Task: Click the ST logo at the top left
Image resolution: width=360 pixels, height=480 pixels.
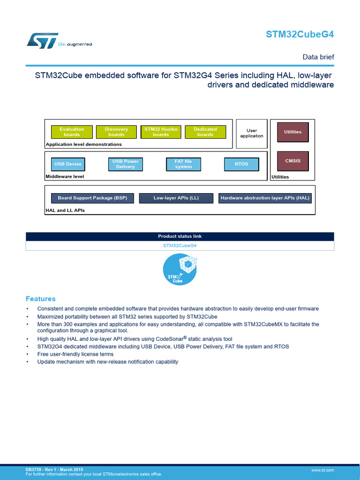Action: click(42, 40)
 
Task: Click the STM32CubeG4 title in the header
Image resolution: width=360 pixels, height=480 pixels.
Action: click(300, 34)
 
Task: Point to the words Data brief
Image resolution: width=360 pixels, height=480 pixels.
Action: click(318, 57)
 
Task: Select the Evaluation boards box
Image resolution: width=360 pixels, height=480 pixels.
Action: click(72, 132)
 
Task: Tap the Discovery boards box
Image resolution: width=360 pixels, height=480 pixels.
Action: click(116, 132)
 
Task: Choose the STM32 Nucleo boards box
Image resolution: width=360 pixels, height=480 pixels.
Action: click(161, 132)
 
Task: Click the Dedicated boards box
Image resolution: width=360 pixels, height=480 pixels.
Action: click(205, 132)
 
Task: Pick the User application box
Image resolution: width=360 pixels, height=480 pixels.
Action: click(252, 133)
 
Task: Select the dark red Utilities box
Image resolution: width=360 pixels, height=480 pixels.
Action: click(293, 132)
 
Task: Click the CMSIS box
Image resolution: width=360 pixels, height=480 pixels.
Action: click(293, 161)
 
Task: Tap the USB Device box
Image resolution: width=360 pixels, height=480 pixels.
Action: click(68, 164)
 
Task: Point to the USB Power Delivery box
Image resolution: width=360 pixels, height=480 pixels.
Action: click(125, 164)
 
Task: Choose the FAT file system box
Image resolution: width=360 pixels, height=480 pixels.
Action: click(183, 164)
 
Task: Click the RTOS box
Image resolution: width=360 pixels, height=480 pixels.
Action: click(241, 164)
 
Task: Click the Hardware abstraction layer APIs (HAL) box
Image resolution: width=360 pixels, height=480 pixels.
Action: click(265, 198)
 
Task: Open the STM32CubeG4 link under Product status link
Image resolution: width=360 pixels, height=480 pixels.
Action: click(180, 245)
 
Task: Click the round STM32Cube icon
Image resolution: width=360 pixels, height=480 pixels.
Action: click(180, 270)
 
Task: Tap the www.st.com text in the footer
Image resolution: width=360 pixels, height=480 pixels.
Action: click(322, 470)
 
